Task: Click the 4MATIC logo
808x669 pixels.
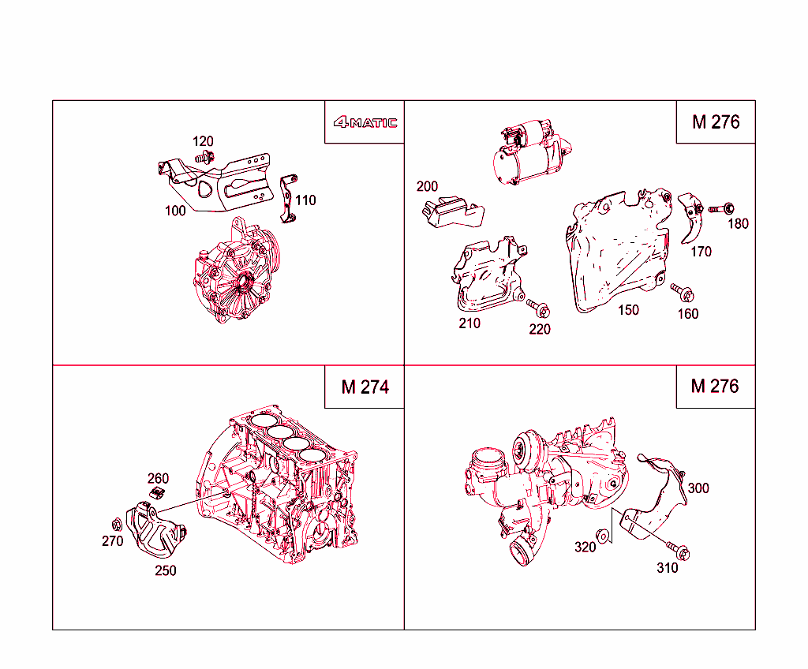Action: (x=365, y=122)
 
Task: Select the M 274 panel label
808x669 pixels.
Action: (x=365, y=387)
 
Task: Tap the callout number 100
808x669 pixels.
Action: (x=175, y=211)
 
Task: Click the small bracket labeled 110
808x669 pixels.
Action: (x=287, y=197)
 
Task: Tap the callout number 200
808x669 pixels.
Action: (x=427, y=187)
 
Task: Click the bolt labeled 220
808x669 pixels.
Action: (x=538, y=307)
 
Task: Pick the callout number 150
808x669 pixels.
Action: (x=628, y=310)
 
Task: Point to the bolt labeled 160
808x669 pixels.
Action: (x=683, y=293)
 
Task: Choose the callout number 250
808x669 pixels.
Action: (x=166, y=570)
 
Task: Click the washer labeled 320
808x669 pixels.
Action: (x=603, y=536)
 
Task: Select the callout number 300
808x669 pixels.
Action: (x=698, y=488)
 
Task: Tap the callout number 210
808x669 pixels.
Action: (x=469, y=323)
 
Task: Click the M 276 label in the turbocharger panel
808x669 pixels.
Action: (x=715, y=386)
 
